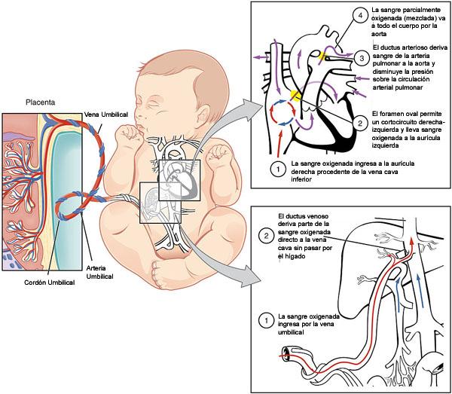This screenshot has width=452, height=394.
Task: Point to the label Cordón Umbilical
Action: coord(50,283)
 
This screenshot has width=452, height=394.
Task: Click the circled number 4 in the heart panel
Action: coord(362,16)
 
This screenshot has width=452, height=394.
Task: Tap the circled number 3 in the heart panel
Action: coord(362,57)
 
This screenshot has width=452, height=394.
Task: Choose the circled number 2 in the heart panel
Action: coord(361,122)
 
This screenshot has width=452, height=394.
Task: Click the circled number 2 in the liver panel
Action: coord(264,236)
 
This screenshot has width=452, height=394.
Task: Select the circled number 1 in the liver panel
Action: coord(264,320)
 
